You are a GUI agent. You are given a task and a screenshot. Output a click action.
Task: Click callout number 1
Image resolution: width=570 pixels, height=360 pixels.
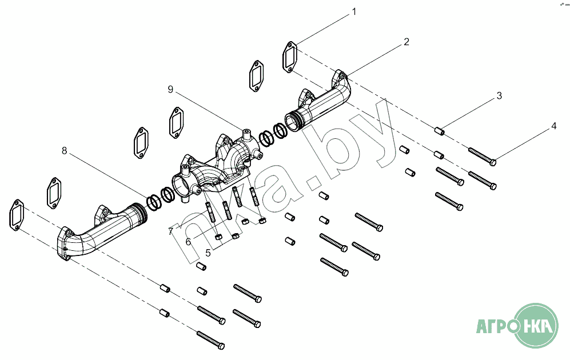point(354,11)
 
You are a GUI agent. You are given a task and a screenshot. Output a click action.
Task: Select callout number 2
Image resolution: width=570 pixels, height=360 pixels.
point(406,42)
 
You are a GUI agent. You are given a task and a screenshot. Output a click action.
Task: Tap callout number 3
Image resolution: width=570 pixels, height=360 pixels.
point(499,95)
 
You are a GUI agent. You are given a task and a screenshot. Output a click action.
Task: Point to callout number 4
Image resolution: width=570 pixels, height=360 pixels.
point(553,126)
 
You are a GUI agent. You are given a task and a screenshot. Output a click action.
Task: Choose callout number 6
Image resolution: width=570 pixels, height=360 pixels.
point(188,241)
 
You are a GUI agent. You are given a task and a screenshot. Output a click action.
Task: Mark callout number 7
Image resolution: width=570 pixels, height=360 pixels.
point(171,231)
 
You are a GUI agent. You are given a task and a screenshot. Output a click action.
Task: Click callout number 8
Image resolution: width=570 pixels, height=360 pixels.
point(65,150)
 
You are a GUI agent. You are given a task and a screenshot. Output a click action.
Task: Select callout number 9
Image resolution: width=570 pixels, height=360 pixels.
point(170,89)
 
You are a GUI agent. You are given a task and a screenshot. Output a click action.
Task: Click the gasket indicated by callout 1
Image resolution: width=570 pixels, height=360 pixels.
point(290,57)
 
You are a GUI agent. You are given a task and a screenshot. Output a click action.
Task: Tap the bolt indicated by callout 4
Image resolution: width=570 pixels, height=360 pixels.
point(482,156)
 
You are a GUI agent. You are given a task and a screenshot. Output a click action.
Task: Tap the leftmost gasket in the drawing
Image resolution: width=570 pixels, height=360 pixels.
point(17,215)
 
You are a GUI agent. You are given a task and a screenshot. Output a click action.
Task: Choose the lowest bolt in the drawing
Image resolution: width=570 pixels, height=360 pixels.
point(210,339)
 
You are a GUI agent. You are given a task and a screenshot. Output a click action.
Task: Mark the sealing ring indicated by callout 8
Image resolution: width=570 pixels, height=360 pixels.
point(153,201)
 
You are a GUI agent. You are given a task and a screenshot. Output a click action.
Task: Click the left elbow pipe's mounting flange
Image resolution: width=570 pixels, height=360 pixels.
point(65,245)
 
